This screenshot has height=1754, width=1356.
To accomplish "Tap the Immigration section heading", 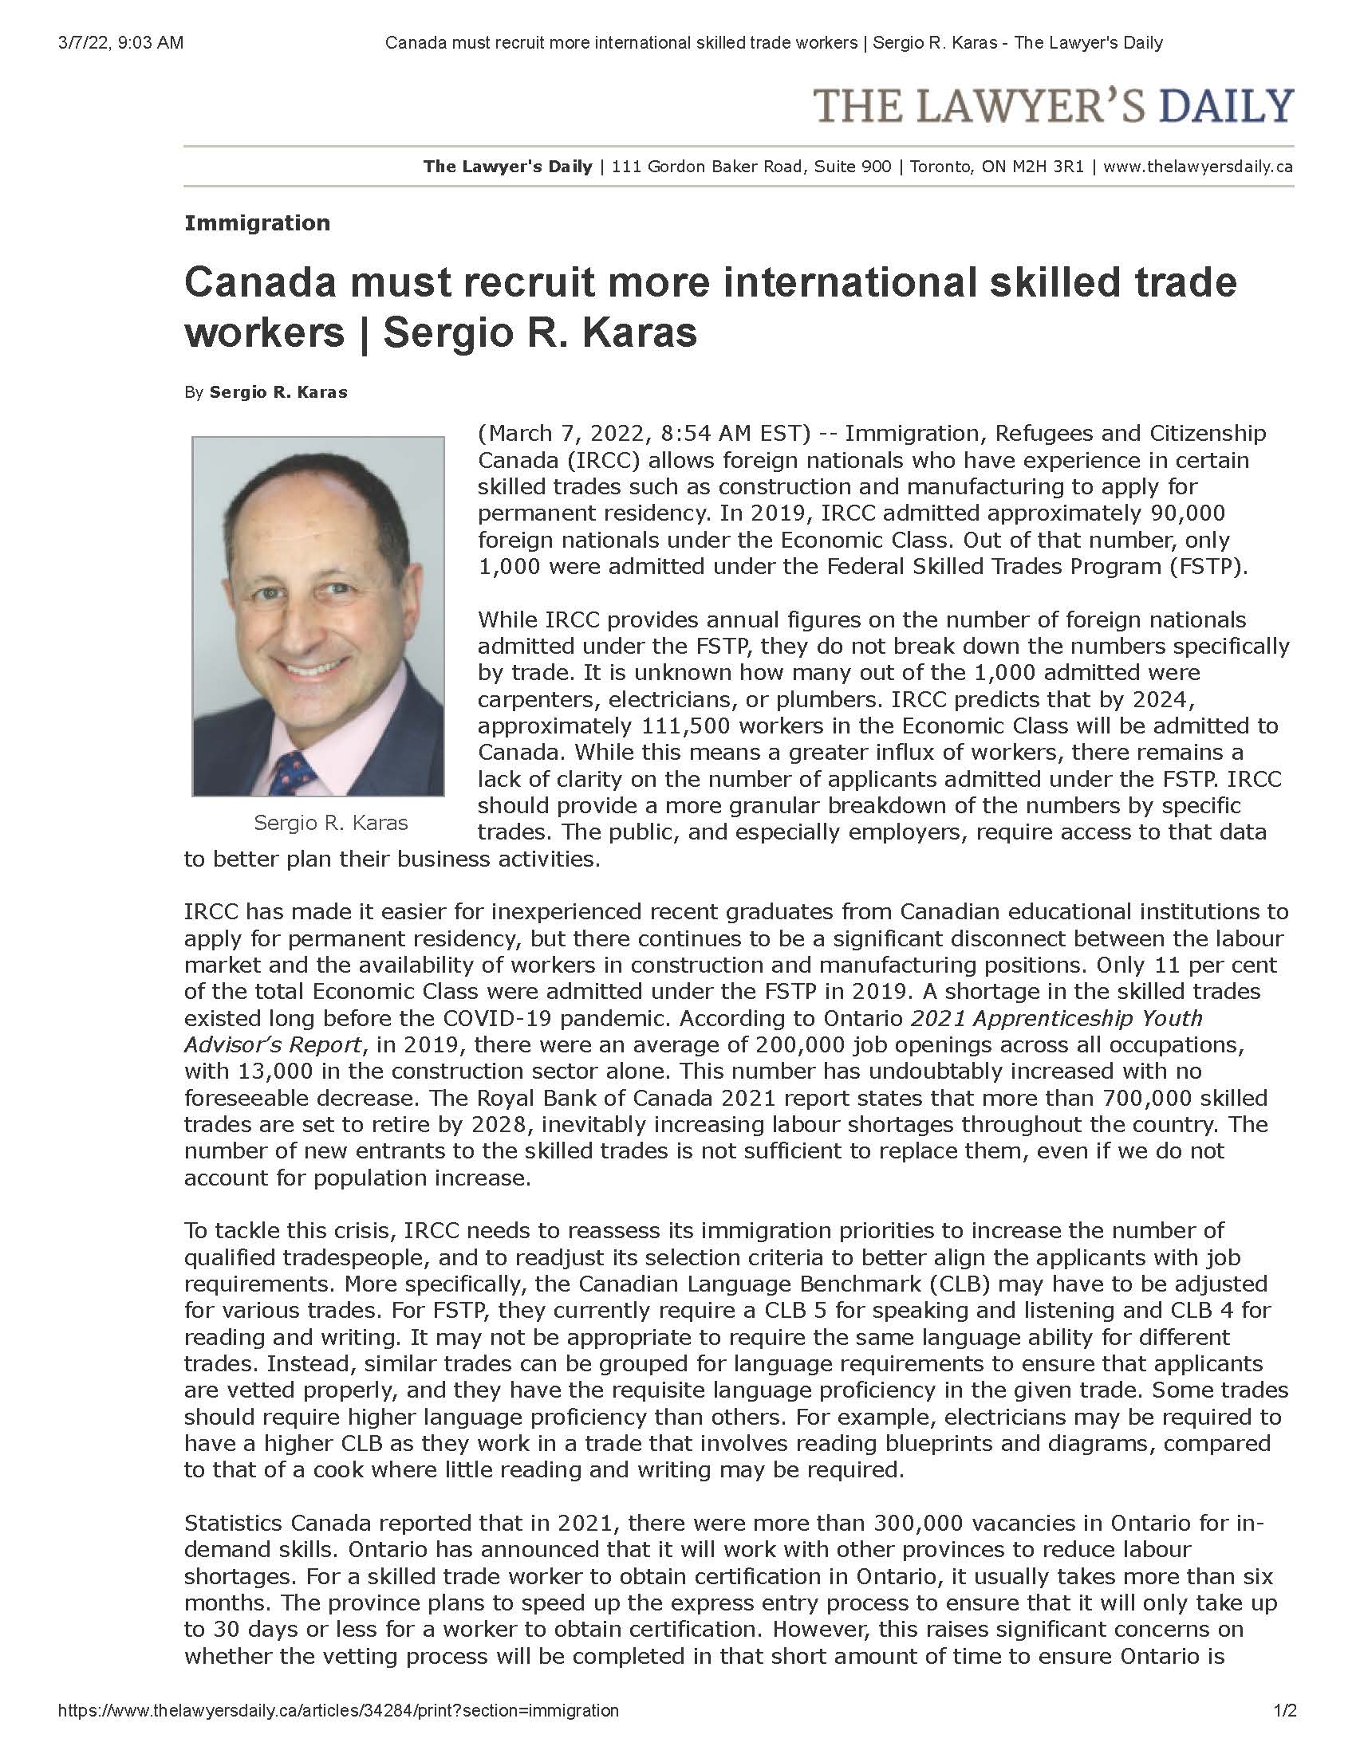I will [x=257, y=223].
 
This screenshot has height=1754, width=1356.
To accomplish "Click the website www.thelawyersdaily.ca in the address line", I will [x=1198, y=167].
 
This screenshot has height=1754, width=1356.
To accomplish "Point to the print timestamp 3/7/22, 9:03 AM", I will [x=120, y=42].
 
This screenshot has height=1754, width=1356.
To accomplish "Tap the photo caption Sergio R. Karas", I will [x=331, y=824].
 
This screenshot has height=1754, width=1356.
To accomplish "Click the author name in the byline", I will [x=278, y=393].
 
